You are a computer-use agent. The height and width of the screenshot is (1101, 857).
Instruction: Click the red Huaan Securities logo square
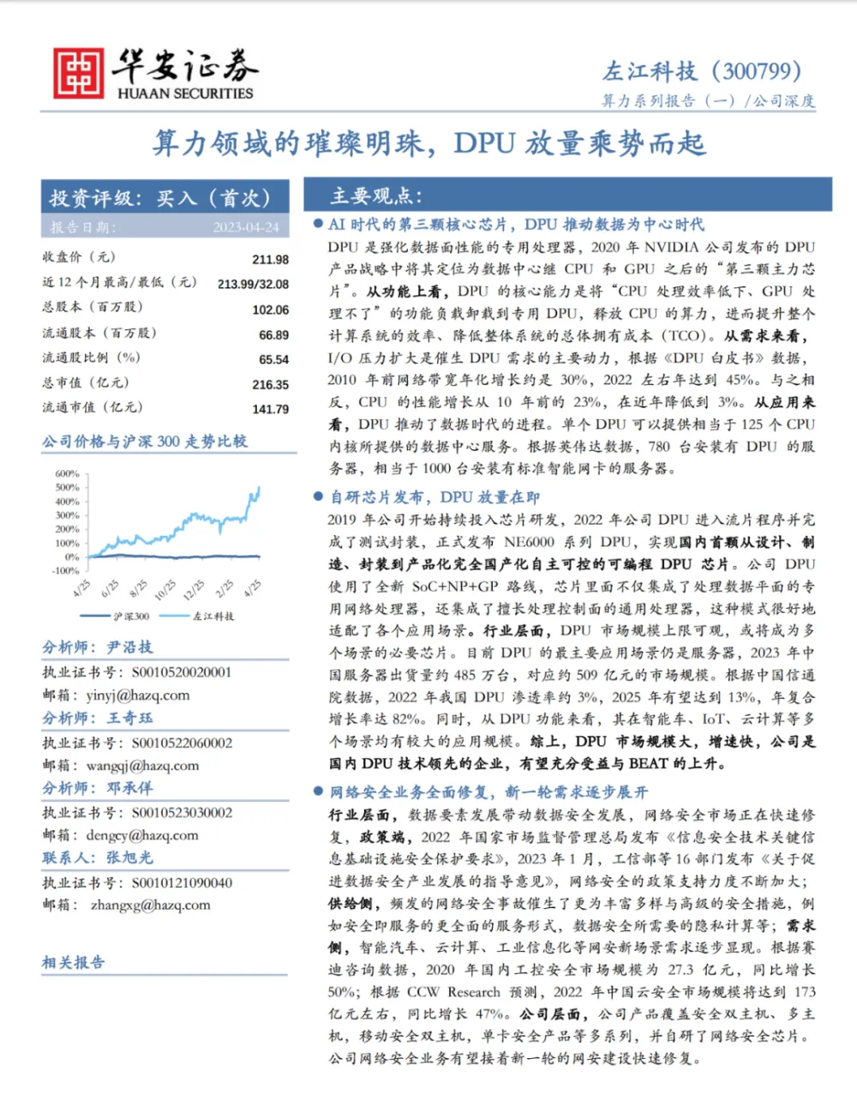click(78, 73)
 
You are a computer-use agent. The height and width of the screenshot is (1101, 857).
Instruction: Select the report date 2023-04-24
click(246, 227)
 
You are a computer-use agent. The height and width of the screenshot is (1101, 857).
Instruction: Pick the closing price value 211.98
click(270, 259)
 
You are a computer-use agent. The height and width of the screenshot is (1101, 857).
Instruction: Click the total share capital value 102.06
click(270, 310)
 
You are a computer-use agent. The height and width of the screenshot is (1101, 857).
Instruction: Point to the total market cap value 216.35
click(270, 385)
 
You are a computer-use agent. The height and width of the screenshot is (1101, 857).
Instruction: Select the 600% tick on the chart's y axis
click(67, 473)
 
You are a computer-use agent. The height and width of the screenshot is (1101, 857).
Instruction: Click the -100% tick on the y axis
click(65, 570)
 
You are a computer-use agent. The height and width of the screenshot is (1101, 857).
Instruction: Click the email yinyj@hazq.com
click(138, 695)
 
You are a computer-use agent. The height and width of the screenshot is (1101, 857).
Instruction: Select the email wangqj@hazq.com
click(142, 765)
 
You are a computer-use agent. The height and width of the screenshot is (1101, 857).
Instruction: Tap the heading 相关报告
click(74, 962)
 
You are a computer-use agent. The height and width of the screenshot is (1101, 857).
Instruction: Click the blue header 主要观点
click(376, 196)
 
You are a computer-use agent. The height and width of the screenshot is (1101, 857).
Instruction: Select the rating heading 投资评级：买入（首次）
click(160, 198)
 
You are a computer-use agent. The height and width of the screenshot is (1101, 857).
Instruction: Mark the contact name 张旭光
click(129, 857)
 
